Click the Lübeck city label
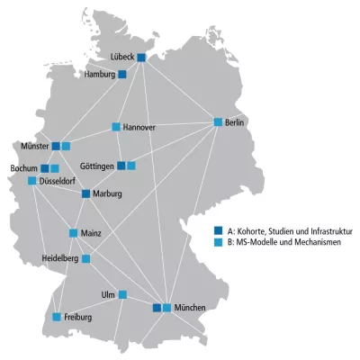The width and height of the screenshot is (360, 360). point(121,57)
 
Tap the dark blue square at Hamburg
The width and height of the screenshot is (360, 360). point(122,74)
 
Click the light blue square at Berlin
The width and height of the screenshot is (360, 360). point(218,121)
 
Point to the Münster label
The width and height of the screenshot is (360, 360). point(33,145)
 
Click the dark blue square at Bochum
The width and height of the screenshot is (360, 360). point(45,168)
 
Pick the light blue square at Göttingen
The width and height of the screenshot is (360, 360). point(131,166)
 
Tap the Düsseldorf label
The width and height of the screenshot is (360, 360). point(59,180)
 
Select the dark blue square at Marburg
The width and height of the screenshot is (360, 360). point(86,193)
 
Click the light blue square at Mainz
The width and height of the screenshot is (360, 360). point(74,233)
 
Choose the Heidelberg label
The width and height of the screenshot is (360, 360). point(59,258)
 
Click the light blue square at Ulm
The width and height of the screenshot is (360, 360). point(123,294)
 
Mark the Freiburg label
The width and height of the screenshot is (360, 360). point(77,317)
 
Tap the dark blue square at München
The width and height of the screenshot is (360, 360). point(157,308)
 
